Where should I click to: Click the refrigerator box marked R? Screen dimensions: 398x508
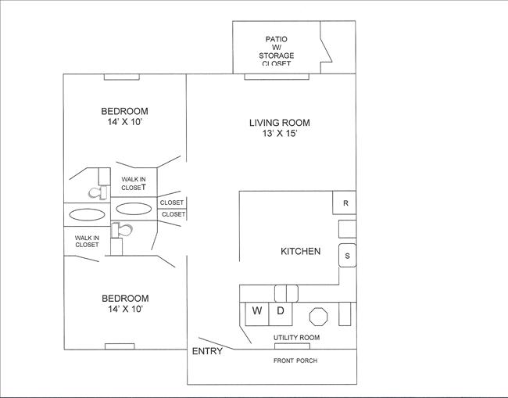345,203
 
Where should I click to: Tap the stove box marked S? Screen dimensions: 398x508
347,255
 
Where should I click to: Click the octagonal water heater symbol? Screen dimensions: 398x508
319,315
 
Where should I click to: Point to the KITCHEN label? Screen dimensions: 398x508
300,251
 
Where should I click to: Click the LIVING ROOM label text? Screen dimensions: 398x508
279,123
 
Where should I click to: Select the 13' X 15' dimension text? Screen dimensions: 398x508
279,134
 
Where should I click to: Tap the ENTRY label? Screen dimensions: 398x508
207,351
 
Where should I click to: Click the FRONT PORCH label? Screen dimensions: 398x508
295,360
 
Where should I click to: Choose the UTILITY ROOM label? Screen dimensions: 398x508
295,338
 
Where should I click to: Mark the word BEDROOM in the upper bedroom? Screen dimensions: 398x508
124,111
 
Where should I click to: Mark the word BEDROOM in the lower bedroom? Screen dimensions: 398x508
124,298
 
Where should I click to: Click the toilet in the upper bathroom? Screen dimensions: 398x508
97,191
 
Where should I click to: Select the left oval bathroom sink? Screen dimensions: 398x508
85,213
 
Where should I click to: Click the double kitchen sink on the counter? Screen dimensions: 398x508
286,292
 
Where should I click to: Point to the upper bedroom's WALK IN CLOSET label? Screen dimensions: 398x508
134,183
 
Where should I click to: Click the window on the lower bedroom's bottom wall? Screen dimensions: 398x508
120,346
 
